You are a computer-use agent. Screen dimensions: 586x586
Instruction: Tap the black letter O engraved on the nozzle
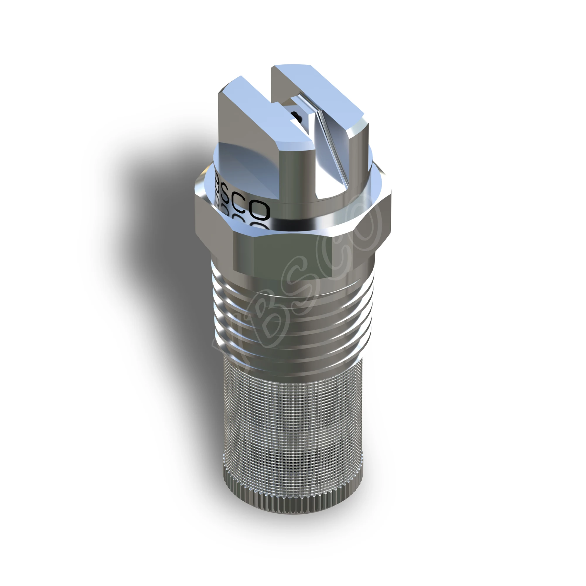(260, 210)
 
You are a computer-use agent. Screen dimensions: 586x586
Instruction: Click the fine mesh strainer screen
(291, 419)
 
